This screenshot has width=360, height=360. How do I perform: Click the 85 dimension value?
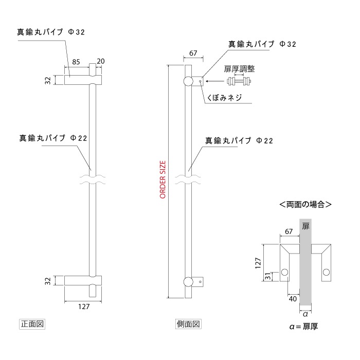[x=76, y=62]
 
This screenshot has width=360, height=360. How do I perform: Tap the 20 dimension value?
[x=100, y=62]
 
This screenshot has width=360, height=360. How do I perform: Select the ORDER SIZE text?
[x=163, y=179]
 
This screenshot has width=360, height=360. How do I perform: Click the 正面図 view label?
[x=33, y=324]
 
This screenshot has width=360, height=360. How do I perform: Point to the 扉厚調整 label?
[x=240, y=68]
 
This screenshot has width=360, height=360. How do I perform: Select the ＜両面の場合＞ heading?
[x=304, y=205]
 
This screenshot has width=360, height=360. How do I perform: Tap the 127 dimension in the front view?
[x=83, y=307]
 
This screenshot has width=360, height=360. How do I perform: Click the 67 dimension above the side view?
[x=193, y=53]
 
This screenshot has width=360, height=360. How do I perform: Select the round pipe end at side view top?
[x=188, y=81]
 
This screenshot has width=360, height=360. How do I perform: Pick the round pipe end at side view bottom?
[x=189, y=281]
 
